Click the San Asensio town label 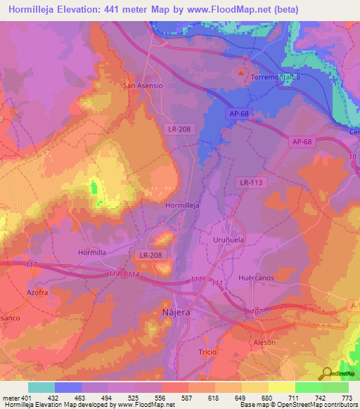(x=143, y=86)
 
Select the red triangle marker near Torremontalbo (x=243, y=72)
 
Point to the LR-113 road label (x=251, y=182)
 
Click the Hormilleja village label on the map (x=182, y=205)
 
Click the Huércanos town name (x=255, y=278)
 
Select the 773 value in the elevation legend (x=346, y=398)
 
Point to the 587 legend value (x=176, y=398)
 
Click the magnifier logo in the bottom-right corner (x=326, y=373)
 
